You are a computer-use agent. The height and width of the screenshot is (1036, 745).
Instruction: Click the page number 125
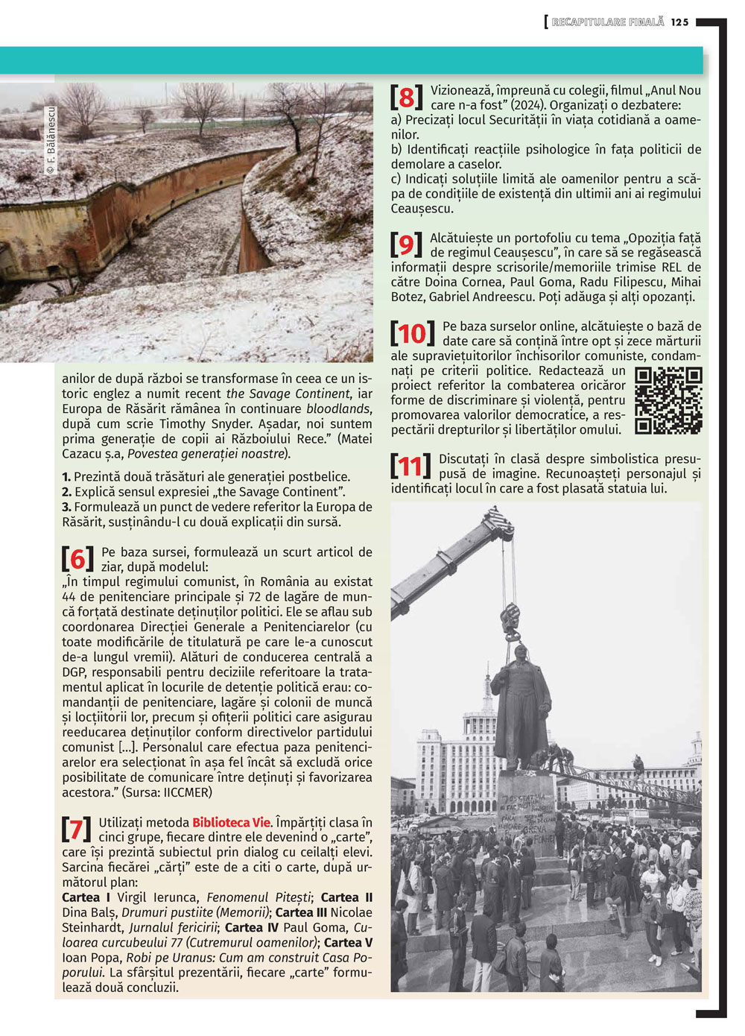679,22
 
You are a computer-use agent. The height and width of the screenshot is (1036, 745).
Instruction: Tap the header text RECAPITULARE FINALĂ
607,22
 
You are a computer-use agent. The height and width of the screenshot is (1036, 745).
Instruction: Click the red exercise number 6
77,558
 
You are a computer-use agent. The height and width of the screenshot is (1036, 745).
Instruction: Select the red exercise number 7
76,829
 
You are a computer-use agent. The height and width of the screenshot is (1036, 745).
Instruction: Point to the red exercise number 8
406,97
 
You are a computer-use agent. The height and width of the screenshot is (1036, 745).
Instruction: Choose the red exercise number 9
406,244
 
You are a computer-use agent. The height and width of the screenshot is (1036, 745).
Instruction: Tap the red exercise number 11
410,467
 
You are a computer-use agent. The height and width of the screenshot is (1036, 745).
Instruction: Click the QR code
668,400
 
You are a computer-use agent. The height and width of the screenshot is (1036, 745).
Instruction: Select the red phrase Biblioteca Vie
232,823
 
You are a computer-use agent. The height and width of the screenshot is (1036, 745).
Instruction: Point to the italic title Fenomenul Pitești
259,897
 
